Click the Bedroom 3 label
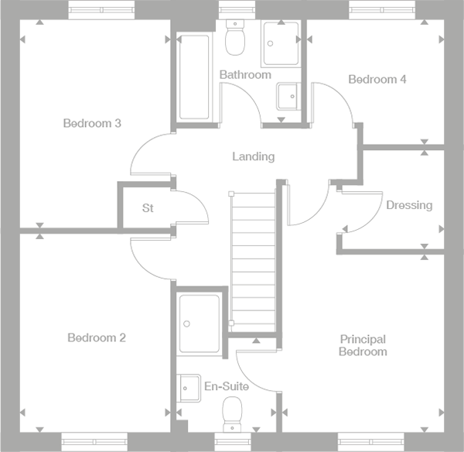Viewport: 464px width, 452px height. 92,123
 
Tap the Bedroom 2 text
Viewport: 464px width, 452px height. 96,337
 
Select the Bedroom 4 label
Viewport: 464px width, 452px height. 377,79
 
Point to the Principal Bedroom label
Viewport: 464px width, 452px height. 363,345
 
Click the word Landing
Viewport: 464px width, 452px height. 253,156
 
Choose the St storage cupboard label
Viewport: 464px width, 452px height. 148,208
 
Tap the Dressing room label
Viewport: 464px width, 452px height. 409,205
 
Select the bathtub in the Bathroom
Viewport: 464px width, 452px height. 193,77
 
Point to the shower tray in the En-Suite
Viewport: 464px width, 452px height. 200,322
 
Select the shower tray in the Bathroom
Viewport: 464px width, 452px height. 281,43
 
